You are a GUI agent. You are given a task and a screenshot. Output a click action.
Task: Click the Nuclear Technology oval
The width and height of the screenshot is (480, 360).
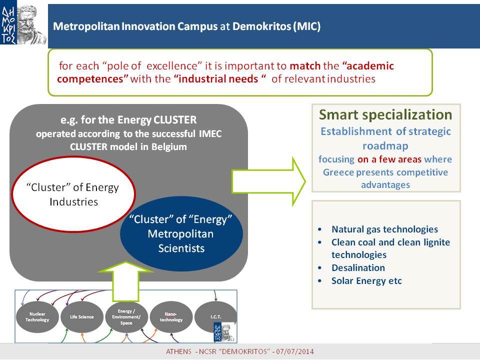pos(37,317)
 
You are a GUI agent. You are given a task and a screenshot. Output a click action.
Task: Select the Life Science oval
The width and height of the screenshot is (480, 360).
pos(81,317)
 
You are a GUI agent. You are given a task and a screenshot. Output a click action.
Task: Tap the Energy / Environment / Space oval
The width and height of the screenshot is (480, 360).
pos(126,317)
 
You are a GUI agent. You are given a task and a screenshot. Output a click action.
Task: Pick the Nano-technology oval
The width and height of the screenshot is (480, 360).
pos(171,317)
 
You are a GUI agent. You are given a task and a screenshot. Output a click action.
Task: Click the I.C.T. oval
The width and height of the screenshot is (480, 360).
pos(215,317)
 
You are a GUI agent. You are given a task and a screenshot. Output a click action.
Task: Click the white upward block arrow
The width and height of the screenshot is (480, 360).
pos(126,281)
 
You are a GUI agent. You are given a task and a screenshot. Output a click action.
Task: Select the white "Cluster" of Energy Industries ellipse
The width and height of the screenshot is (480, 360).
pos(73,194)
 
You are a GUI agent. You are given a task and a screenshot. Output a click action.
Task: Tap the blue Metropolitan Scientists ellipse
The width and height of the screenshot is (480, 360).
pos(181,233)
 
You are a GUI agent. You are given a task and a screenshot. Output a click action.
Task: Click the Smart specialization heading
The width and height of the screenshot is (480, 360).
pos(385,115)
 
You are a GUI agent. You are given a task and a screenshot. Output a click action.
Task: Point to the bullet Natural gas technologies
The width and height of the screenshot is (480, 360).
pos(384,229)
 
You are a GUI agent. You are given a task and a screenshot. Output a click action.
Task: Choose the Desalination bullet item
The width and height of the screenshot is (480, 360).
pos(358,268)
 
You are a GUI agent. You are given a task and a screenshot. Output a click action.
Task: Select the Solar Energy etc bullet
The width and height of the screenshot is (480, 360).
pos(366,281)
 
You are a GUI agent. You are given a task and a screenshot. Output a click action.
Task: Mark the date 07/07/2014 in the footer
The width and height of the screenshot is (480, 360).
pos(295,351)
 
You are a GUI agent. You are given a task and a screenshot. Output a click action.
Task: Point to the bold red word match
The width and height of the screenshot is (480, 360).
pos(305,66)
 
